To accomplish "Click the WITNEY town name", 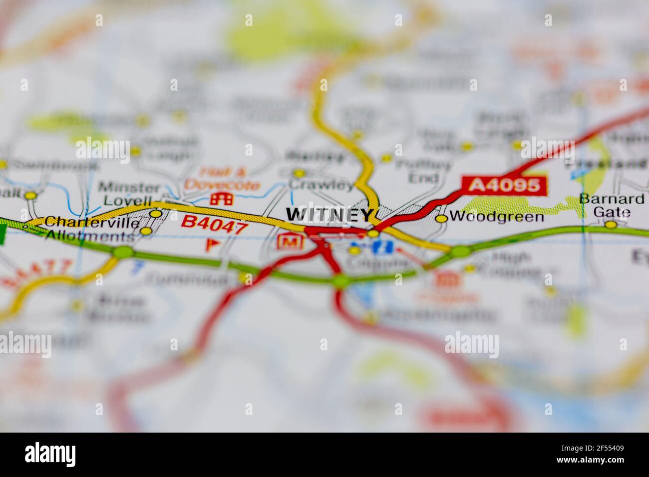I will point(329,215).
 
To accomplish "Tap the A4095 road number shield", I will point(505,186).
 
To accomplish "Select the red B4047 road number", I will point(214,224).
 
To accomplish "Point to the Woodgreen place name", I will point(496,217).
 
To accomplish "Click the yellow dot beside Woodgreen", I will point(441,218).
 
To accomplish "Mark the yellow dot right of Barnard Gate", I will point(611,225).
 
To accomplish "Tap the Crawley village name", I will point(322,186).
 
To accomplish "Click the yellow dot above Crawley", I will point(299,173).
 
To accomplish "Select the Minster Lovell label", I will point(129,194).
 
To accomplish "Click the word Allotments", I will point(90,236).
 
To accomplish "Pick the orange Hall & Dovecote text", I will point(222,179).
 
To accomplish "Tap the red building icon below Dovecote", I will point(221,199).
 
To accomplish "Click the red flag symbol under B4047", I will point(212,244).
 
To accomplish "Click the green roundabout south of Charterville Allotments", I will point(122,252).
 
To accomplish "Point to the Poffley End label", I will point(422,170).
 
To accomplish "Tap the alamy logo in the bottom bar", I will point(50,454).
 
